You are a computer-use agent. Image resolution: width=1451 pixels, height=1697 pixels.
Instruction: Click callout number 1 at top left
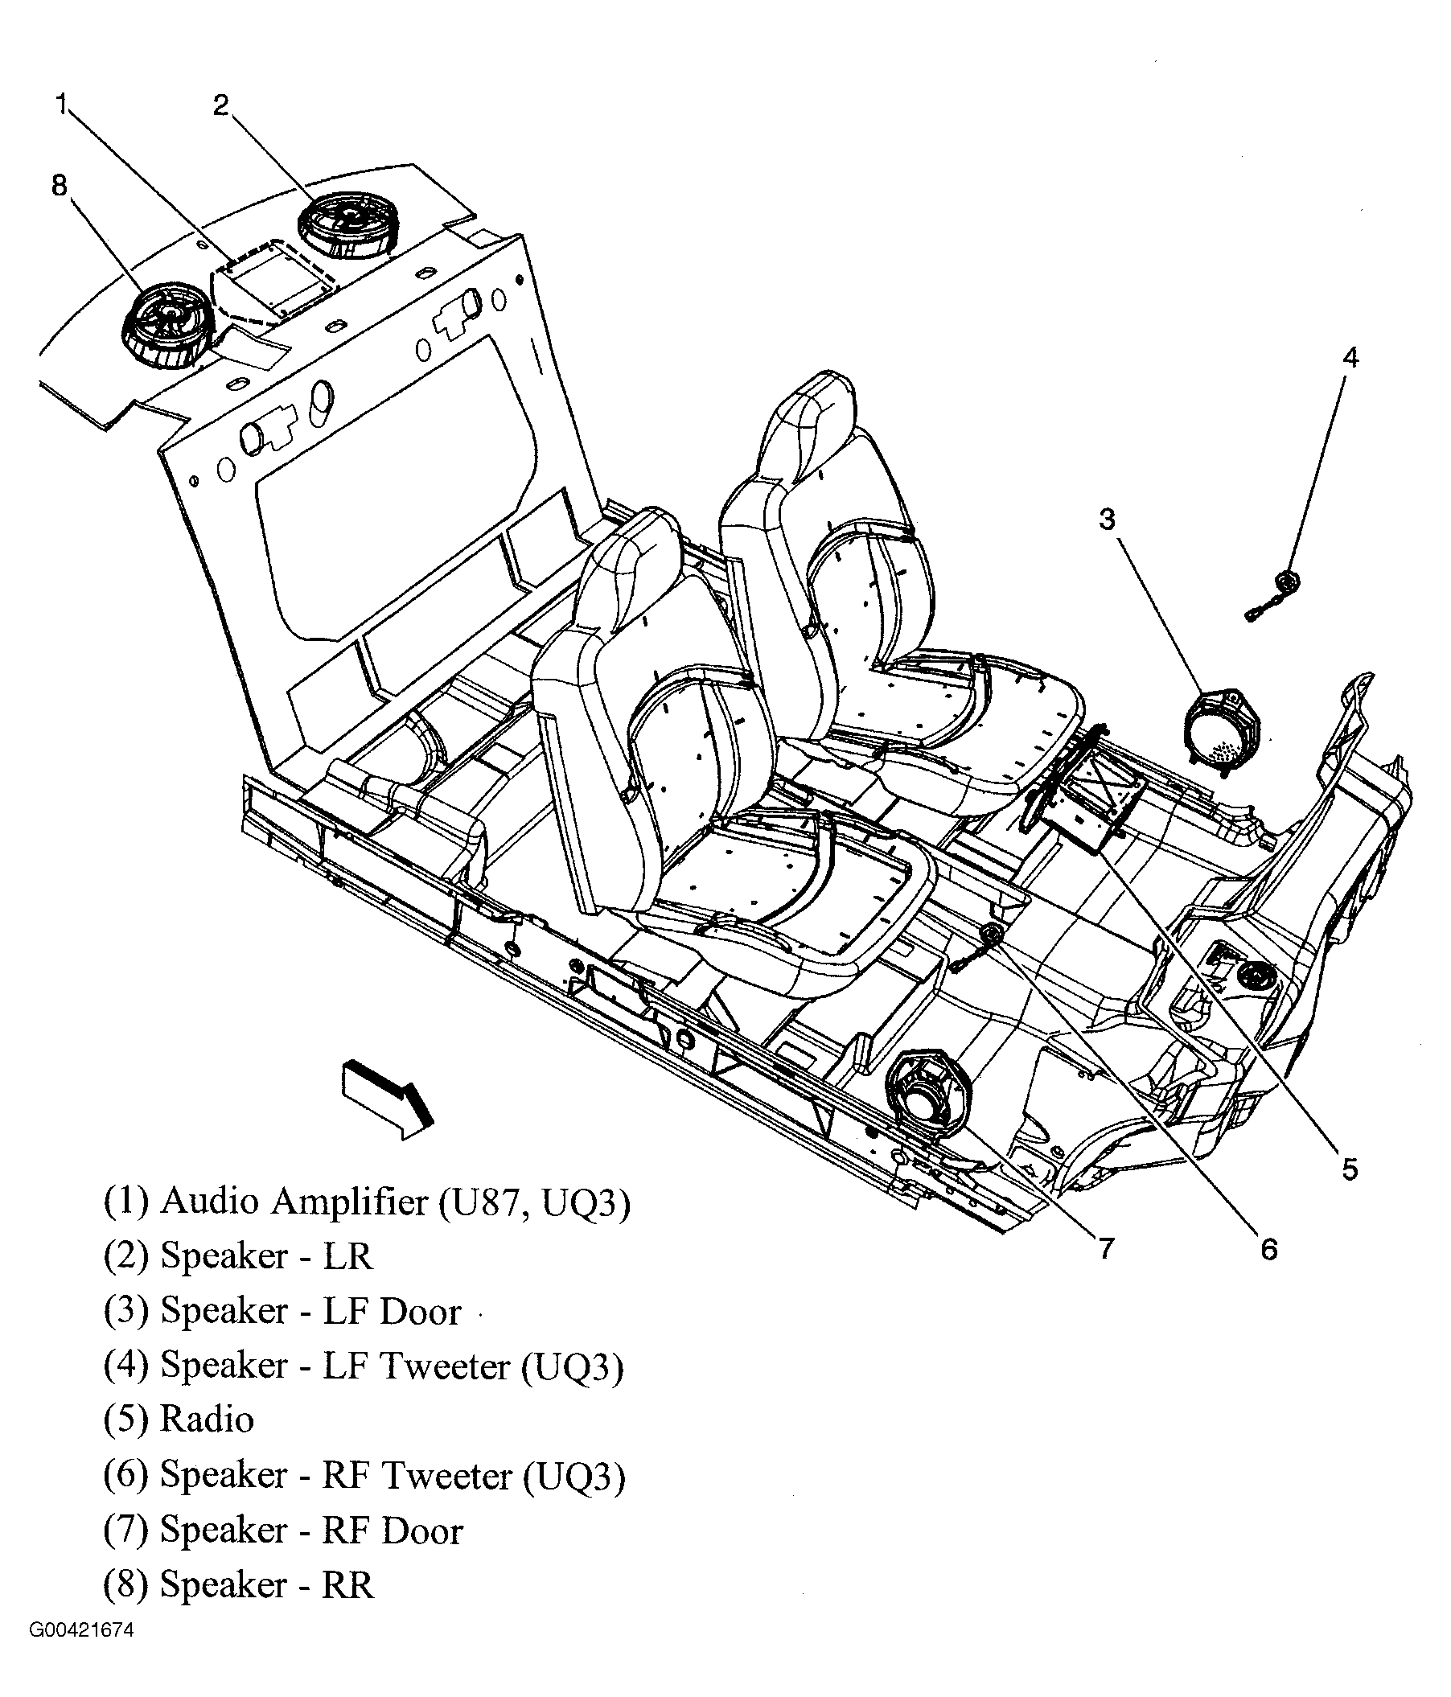(x=61, y=105)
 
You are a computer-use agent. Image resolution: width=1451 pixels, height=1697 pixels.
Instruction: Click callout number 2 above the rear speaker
(x=221, y=105)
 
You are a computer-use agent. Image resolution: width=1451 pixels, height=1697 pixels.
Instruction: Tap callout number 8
(x=59, y=186)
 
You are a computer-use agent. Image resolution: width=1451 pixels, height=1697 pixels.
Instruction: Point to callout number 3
(x=1107, y=519)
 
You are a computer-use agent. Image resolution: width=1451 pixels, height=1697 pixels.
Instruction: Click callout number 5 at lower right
(x=1350, y=1169)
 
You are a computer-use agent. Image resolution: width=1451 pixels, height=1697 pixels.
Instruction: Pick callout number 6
(x=1268, y=1249)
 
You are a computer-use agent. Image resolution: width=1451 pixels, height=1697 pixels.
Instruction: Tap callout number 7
(x=1106, y=1248)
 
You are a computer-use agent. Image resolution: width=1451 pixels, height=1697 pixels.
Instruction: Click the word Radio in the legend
(x=207, y=1420)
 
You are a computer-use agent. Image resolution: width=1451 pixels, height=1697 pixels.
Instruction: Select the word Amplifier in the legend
(x=350, y=1202)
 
